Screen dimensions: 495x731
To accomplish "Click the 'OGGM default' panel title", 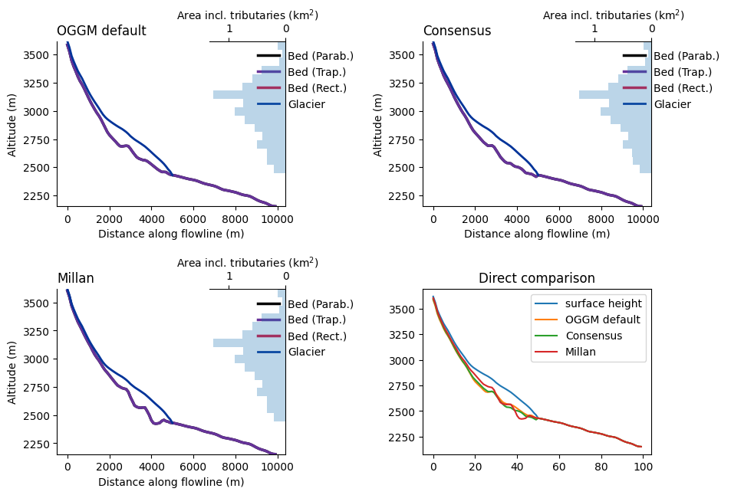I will (x=101, y=31).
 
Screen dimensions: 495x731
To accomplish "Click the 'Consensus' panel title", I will (x=457, y=31).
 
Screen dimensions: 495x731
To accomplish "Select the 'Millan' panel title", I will (x=75, y=279).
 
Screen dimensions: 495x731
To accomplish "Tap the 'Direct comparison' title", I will (x=537, y=279).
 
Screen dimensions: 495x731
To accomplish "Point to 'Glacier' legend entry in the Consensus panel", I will (x=672, y=104).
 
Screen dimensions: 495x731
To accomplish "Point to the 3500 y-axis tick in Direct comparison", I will (x=404, y=310).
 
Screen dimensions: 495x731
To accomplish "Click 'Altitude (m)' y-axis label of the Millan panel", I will (x=12, y=372).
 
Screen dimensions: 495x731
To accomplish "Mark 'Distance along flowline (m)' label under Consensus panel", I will (x=537, y=234).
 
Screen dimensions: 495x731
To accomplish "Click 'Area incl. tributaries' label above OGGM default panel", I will (x=248, y=15).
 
